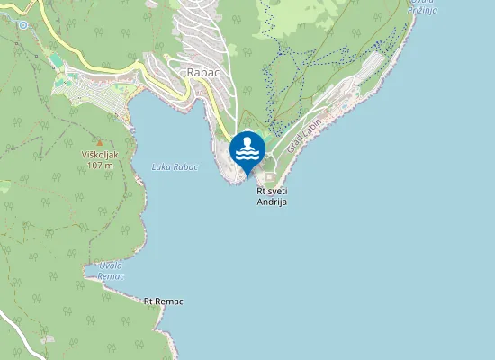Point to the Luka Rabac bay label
175,166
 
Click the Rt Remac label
163,301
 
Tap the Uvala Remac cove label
110,271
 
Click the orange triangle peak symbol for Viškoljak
100,143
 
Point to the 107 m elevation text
100,166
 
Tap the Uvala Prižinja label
422,4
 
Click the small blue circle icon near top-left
22,25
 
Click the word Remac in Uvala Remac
110,276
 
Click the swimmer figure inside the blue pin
247,148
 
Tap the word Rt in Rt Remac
148,301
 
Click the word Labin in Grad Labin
311,130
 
